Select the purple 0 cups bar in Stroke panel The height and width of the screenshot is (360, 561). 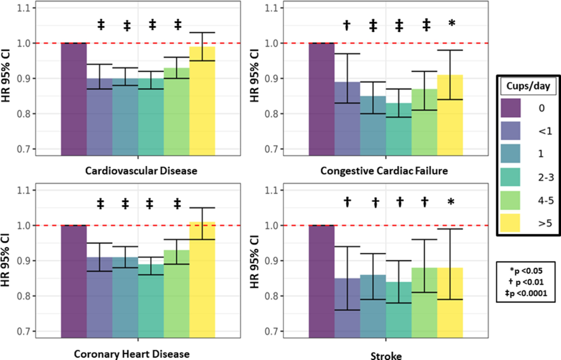322,279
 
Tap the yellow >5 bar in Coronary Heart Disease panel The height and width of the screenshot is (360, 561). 202,285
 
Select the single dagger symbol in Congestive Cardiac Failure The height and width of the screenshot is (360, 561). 346,25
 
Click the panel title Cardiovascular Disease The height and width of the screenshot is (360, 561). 141,171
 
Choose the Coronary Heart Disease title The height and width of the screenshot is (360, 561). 131,354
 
